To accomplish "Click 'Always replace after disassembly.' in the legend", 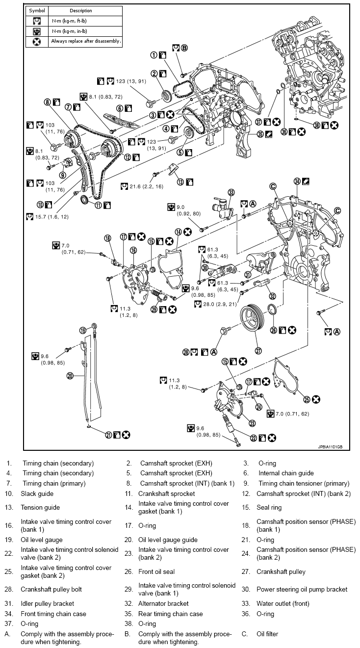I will (x=86, y=41).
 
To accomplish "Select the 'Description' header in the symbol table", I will (x=81, y=11).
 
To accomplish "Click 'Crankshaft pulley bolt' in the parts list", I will (x=51, y=589).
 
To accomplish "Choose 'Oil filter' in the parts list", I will (x=267, y=634).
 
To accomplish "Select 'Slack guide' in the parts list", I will (x=37, y=493).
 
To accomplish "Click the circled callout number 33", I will (x=231, y=192).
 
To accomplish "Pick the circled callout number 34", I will (x=297, y=181).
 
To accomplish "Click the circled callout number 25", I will (x=307, y=399).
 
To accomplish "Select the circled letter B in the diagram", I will (x=184, y=48).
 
